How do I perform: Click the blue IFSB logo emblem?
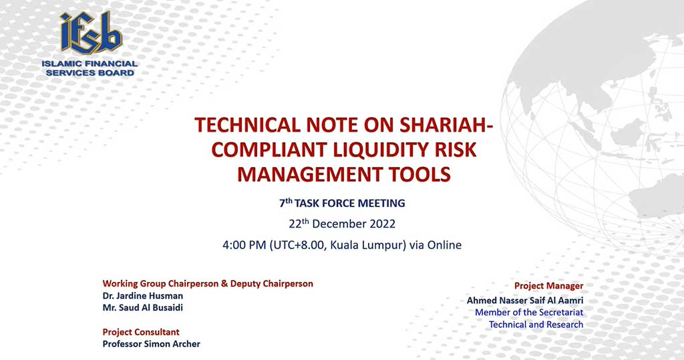[x=91, y=33]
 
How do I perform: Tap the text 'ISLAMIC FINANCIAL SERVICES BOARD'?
[x=90, y=68]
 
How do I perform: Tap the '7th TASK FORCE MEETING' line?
[x=342, y=203]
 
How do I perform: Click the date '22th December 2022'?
[x=342, y=224]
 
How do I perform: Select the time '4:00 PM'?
[x=244, y=245]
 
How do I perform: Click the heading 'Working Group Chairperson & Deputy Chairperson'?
[x=208, y=284]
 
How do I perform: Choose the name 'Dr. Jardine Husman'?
[x=143, y=296]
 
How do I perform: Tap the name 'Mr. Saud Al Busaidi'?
[x=143, y=308]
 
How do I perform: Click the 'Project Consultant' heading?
[x=141, y=332]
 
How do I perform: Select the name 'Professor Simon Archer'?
[x=152, y=344]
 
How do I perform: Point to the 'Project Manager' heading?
[x=548, y=286]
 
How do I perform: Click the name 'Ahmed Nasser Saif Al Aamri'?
[x=525, y=300]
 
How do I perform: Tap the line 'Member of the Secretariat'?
[x=529, y=313]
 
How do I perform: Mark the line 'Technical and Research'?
[x=536, y=324]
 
